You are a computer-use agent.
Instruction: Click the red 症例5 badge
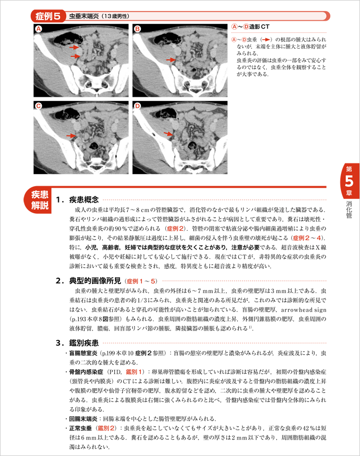click(49, 16)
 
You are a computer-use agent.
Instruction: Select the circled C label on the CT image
click(38, 106)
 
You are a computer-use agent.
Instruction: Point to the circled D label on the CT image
click(137, 106)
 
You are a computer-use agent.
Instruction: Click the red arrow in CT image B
click(170, 60)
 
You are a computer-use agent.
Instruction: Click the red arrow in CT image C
click(70, 136)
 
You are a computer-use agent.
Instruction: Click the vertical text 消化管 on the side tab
click(349, 209)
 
